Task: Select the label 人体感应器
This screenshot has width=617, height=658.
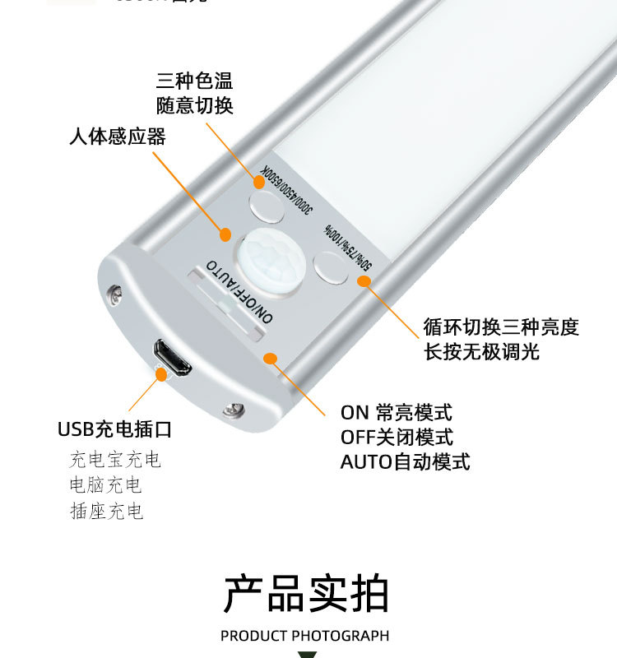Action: tap(118, 137)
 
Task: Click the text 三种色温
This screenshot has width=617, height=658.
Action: tap(195, 81)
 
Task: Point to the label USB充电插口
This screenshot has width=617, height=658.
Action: tap(114, 429)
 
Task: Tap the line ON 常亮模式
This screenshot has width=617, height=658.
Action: tap(397, 413)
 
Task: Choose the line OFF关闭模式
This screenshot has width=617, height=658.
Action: tap(397, 438)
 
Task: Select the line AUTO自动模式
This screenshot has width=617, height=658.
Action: tap(406, 461)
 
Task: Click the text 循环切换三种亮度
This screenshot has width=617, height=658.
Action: tap(501, 327)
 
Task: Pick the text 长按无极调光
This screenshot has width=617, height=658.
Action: tap(481, 352)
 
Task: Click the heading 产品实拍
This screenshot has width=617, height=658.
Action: tap(306, 594)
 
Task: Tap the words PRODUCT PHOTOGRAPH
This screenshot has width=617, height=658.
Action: tap(304, 636)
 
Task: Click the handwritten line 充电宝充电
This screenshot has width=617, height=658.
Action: tap(115, 459)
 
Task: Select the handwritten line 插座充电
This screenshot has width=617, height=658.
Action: tap(106, 512)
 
